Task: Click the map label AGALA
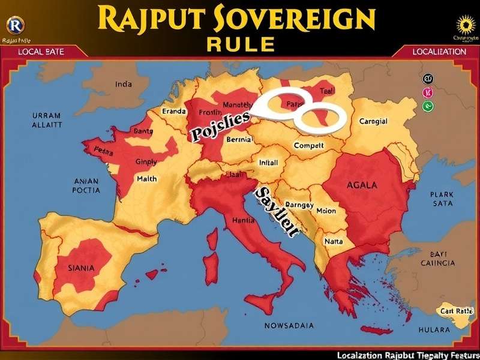click(x=362, y=185)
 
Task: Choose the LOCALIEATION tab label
click(x=439, y=52)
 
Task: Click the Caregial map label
click(x=373, y=121)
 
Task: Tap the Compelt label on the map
click(x=309, y=145)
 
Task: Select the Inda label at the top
click(x=123, y=85)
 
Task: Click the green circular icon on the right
click(x=428, y=106)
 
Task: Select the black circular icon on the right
click(x=428, y=78)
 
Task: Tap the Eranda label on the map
click(x=174, y=111)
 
